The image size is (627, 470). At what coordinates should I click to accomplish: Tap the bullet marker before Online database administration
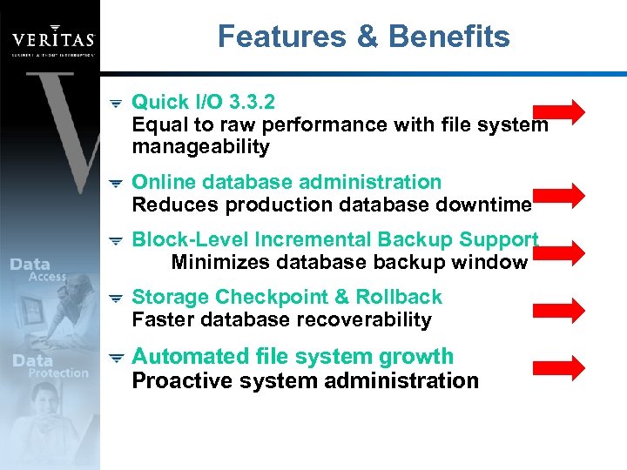click(x=115, y=184)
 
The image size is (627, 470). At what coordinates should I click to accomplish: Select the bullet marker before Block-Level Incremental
click(x=115, y=241)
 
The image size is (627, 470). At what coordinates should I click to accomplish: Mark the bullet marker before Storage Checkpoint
click(x=115, y=299)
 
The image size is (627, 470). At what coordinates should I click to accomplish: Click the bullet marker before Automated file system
click(x=115, y=358)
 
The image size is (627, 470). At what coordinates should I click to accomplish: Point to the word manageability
click(x=201, y=147)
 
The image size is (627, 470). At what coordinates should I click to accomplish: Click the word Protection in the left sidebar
click(x=58, y=373)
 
